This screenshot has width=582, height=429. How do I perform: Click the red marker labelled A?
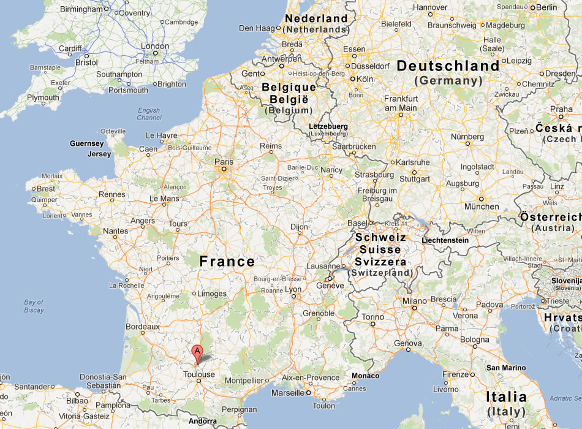coord(197,352)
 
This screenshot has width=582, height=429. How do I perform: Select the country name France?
coord(227,262)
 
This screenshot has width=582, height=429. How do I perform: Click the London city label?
coord(155,46)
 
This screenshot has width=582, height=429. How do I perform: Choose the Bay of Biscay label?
coord(34,306)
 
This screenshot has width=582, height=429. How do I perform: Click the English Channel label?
coord(149,114)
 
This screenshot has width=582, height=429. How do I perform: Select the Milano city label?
coord(415,301)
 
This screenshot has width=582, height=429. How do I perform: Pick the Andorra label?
coord(203,422)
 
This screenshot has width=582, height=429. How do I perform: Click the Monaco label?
coord(366,376)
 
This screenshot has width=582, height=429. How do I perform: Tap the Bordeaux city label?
coord(142,327)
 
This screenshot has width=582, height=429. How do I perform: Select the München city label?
coord(481,207)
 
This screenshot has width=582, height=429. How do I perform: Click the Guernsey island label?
coord(87,143)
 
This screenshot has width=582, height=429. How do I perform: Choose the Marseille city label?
coord(288,392)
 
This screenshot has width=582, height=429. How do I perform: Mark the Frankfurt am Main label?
coord(401,103)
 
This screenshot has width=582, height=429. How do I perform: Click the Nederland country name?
coord(316,18)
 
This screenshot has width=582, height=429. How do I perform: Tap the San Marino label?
coord(505,368)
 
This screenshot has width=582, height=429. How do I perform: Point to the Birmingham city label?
coord(81,10)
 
